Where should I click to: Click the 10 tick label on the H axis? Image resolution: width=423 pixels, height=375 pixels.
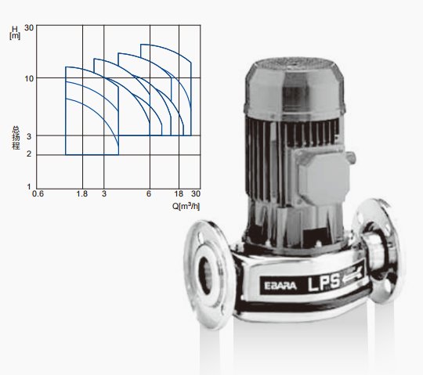pos(29,78)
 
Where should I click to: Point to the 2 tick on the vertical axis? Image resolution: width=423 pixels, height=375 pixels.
pos(29,154)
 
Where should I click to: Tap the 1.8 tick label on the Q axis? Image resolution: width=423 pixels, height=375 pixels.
pos(82,194)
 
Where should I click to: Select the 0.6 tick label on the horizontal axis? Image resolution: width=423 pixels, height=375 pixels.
pos(38,194)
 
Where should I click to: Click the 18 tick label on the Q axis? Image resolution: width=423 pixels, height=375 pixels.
pos(179,194)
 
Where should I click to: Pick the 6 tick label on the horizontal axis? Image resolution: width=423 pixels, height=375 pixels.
pos(149,194)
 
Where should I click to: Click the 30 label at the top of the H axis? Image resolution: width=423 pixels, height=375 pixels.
pos(29,27)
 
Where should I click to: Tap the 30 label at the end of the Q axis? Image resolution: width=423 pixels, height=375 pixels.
pos(196,194)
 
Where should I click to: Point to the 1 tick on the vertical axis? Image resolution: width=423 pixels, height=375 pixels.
pos(29,186)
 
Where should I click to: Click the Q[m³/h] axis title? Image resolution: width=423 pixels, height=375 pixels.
pos(186,206)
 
